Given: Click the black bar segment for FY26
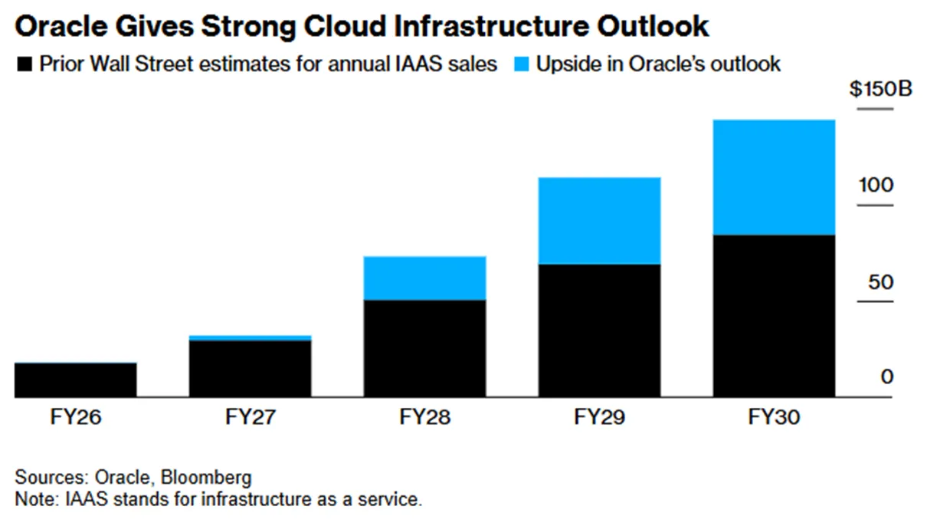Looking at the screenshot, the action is [76, 380].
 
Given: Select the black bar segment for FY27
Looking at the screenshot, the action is [251, 369].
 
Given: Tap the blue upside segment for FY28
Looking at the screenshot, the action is [425, 278].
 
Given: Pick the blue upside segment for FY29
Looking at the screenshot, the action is [600, 221].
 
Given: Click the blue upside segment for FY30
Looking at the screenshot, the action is [775, 178].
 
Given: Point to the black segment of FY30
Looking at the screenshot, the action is [775, 316].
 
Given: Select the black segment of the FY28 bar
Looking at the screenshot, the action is [425, 348].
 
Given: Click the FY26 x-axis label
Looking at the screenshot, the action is [76, 416].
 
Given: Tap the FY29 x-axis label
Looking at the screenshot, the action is [600, 416].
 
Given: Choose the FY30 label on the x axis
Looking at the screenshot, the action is [775, 416].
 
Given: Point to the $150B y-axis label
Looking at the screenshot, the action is [881, 89].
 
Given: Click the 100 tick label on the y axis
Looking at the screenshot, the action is [876, 185].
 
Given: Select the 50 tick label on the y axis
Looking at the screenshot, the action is [881, 282].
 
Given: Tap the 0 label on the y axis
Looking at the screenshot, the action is [887, 377].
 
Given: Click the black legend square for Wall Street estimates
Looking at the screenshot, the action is [25, 64].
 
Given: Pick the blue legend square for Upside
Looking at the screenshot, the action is [522, 64].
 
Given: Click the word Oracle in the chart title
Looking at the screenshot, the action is [61, 26].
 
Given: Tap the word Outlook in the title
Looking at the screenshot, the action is [653, 26].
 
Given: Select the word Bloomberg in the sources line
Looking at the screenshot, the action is [206, 477].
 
